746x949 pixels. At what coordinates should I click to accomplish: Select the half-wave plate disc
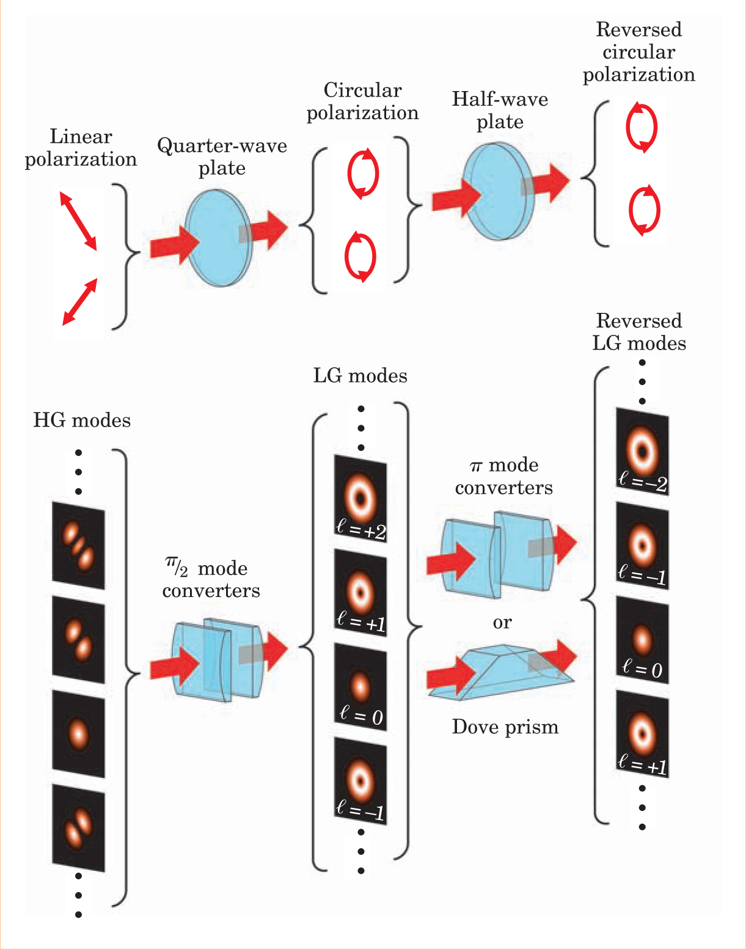(498, 190)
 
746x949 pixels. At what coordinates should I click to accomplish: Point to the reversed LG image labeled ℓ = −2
(642, 452)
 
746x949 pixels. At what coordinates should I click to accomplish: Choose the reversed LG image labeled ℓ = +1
(642, 733)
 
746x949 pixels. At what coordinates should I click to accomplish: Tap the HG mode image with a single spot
(78, 733)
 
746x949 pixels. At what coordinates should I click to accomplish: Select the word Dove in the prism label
(472, 727)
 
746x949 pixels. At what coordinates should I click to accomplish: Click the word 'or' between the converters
(502, 623)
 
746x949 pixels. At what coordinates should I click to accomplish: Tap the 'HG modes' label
(82, 420)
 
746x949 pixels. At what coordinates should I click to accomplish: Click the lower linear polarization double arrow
(79, 302)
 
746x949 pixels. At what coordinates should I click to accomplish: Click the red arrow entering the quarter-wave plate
(174, 245)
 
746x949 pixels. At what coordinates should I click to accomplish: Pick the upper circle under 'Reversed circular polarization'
(641, 128)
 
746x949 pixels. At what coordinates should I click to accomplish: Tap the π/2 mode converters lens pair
(217, 661)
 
